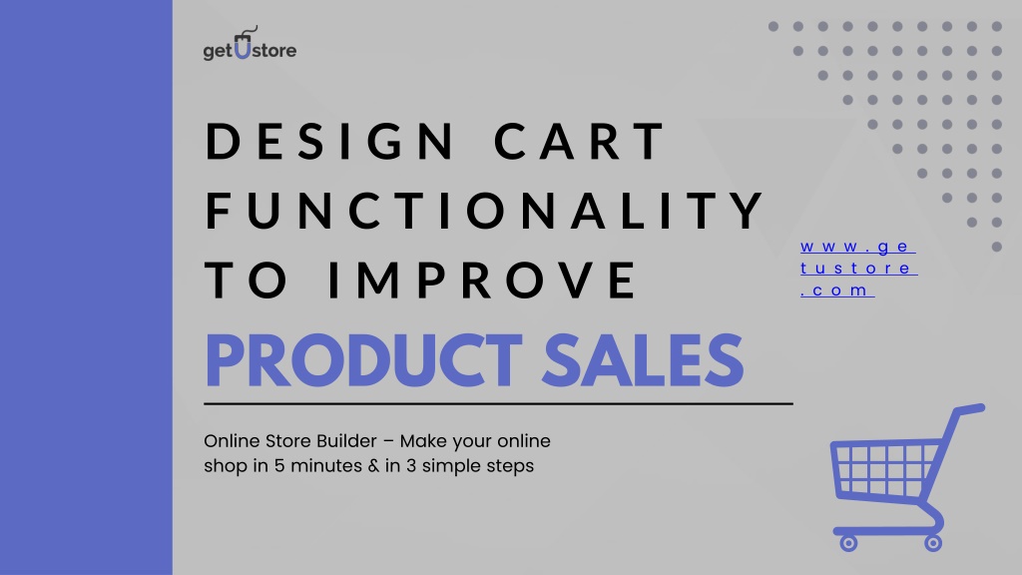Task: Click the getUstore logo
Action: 250,44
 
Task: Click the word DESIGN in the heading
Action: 330,140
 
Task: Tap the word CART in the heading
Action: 579,140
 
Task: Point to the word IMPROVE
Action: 483,280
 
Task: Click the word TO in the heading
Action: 247,280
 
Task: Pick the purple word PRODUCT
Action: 364,359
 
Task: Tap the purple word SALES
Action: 643,359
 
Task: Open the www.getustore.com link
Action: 858,268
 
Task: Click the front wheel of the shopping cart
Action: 848,542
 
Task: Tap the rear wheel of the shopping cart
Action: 933,542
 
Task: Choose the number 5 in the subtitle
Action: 279,466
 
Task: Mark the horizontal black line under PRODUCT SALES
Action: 498,404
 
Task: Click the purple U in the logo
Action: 243,47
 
